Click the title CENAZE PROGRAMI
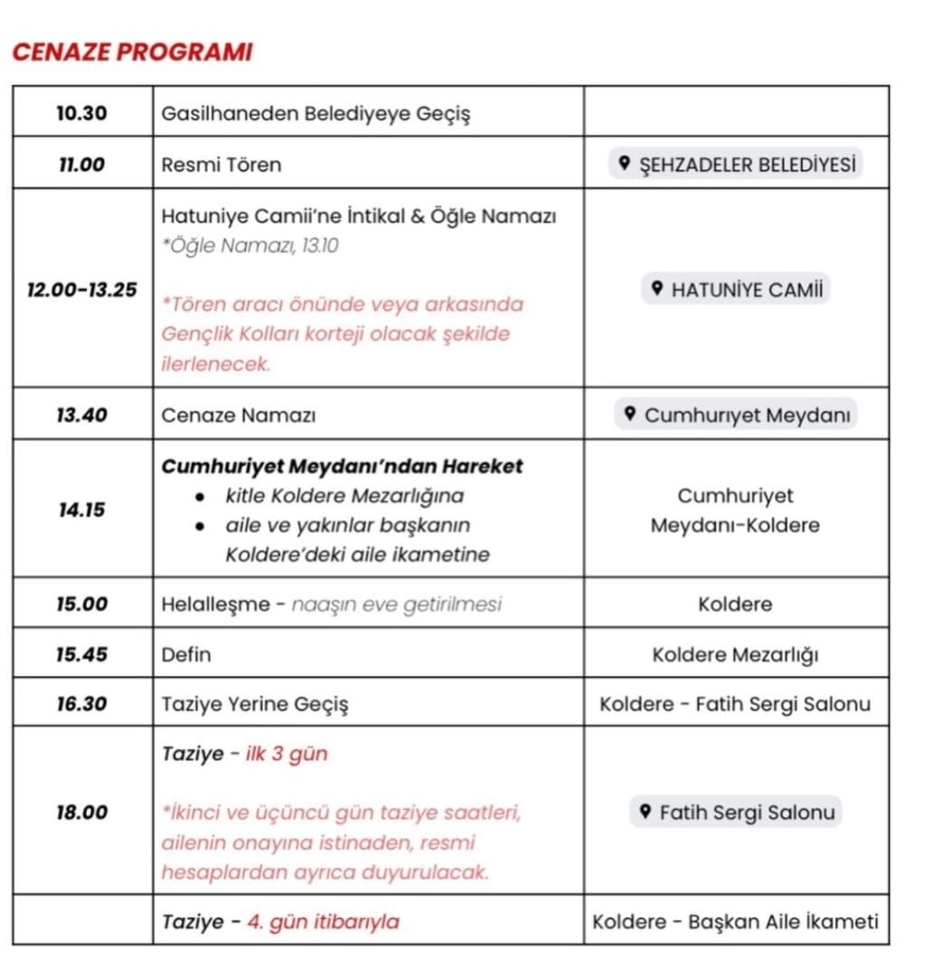pyautogui.click(x=132, y=52)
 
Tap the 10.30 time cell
pyautogui.click(x=81, y=113)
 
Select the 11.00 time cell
pyautogui.click(x=81, y=165)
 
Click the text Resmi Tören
pyautogui.click(x=221, y=165)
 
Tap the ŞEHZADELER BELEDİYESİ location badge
pyautogui.click(x=735, y=165)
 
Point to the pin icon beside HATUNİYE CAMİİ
pyautogui.click(x=657, y=289)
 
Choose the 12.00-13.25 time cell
pyautogui.click(x=83, y=289)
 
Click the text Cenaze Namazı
pyautogui.click(x=238, y=415)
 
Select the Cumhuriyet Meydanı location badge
pyautogui.click(x=735, y=415)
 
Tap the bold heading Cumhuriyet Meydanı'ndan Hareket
pyautogui.click(x=342, y=466)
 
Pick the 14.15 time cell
pyautogui.click(x=81, y=510)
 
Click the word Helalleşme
pyautogui.click(x=215, y=604)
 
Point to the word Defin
pyautogui.click(x=185, y=654)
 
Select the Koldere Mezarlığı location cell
pyautogui.click(x=735, y=654)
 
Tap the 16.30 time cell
pyautogui.click(x=81, y=703)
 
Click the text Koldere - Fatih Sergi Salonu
pyautogui.click(x=735, y=703)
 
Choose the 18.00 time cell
pyautogui.click(x=81, y=812)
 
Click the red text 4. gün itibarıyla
pyautogui.click(x=323, y=922)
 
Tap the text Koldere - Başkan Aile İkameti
pyautogui.click(x=735, y=922)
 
